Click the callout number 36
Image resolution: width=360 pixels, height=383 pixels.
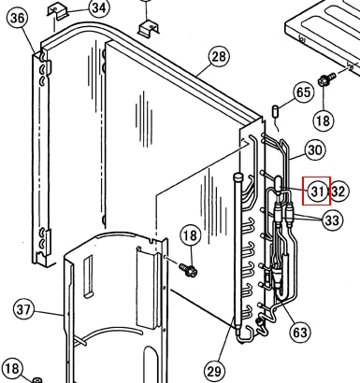click(x=17, y=18)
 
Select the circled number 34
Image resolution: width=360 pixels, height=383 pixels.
click(x=99, y=7)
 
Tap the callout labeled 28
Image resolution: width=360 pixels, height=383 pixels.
click(x=219, y=56)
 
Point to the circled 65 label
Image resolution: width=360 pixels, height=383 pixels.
click(x=303, y=92)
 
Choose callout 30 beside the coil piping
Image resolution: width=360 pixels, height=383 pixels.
click(x=314, y=150)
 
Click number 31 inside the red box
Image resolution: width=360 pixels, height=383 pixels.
click(x=318, y=191)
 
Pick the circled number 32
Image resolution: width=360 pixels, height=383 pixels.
click(x=338, y=191)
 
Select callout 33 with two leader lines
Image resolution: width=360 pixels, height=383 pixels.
click(x=332, y=220)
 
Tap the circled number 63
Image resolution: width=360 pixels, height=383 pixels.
click(x=300, y=333)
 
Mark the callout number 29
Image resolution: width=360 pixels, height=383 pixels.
click(x=214, y=371)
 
